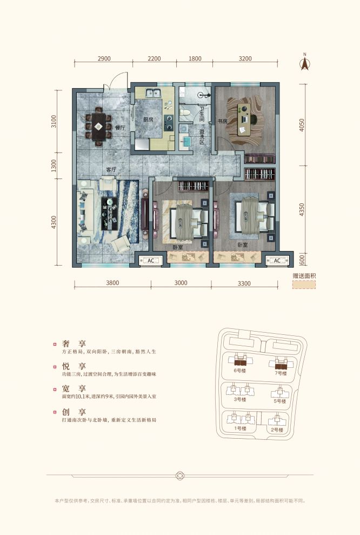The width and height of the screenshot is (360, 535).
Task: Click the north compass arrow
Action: [304, 63]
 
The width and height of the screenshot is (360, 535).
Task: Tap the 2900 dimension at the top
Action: [104, 58]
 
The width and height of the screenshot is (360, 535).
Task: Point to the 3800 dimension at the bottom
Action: [112, 282]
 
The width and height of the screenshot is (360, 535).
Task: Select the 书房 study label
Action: [222, 120]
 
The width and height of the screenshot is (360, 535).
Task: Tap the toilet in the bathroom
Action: [184, 113]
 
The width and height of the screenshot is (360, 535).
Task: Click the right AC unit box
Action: [277, 261]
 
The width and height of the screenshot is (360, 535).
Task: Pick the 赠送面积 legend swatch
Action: [304, 285]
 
